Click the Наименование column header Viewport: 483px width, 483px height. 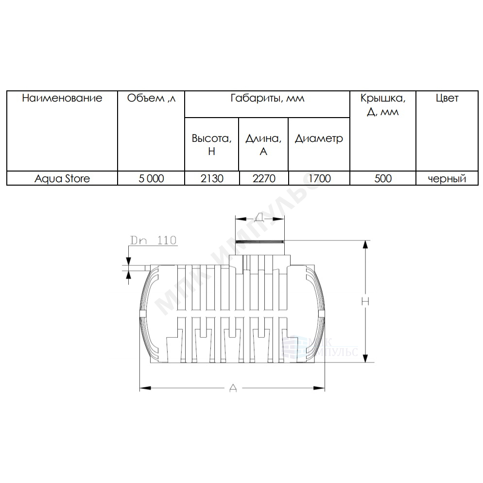click(62, 98)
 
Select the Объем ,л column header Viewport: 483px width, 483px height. click(151, 98)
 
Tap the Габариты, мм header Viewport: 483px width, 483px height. click(267, 98)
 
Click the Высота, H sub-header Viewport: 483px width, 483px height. click(212, 144)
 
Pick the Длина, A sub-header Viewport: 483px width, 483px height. click(263, 144)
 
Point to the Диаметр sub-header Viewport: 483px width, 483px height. click(319, 138)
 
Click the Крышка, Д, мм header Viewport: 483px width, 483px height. click(383, 105)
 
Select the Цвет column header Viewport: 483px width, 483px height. click(447, 98)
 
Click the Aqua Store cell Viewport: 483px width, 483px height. click(62, 179)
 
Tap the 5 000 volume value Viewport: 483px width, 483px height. click(151, 178)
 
